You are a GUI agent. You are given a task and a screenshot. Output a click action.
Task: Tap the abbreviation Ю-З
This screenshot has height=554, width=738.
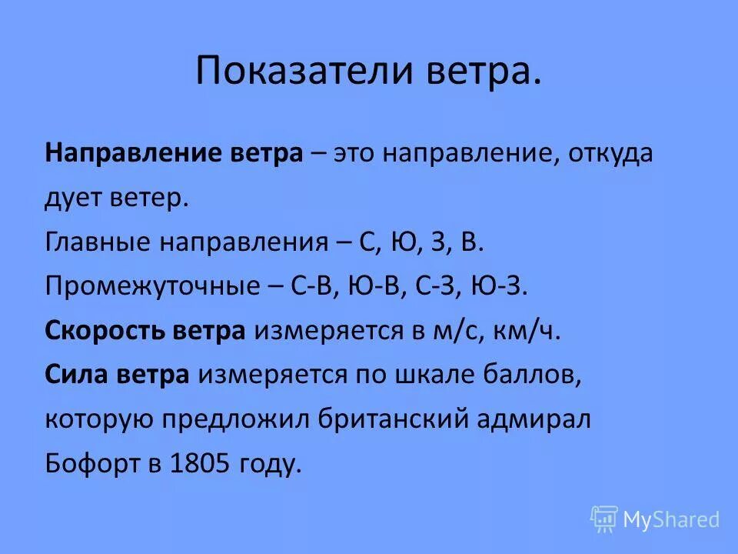501,287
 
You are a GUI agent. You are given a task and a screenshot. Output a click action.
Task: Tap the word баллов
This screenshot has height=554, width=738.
534,376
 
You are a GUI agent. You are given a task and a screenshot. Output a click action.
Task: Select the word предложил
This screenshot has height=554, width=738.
241,421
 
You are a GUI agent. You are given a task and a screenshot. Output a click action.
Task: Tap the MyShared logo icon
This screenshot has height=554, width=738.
603,519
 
